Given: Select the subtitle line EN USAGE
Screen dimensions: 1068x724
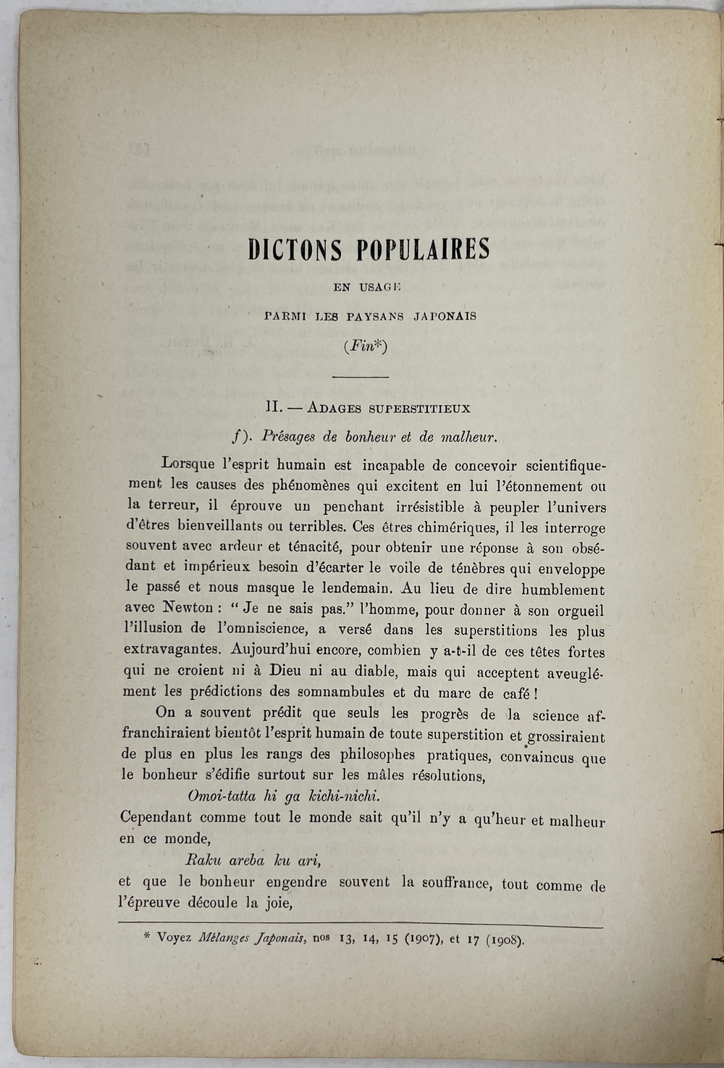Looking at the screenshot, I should pyautogui.click(x=366, y=287).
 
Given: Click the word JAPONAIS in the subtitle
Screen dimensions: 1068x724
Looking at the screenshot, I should pyautogui.click(x=444, y=317).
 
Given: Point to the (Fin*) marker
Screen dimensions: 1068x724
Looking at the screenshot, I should pyautogui.click(x=366, y=346).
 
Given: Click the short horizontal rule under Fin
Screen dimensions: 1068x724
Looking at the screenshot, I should pyautogui.click(x=360, y=377).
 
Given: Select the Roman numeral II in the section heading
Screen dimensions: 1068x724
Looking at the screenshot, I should pyautogui.click(x=274, y=407).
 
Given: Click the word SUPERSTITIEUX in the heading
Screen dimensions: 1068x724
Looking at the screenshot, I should pyautogui.click(x=419, y=408).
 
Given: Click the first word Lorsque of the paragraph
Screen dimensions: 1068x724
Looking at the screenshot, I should pyautogui.click(x=188, y=464).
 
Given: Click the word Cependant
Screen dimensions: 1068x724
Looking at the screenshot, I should pyautogui.click(x=156, y=818).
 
